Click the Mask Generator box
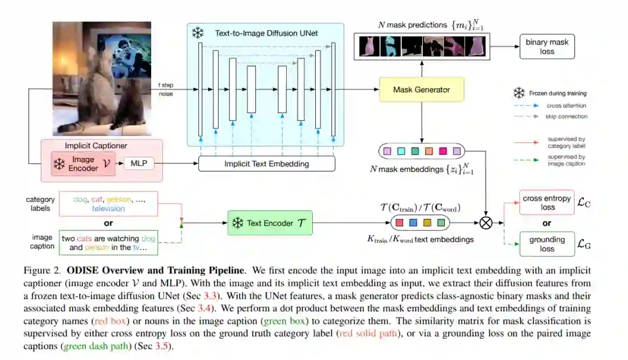(422, 90)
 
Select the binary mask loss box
(547, 47)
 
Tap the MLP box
(139, 163)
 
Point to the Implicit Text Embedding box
(267, 164)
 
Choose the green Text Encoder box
(270, 223)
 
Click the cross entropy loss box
(547, 202)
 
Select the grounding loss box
(547, 244)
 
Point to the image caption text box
(108, 243)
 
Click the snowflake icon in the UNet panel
(198, 33)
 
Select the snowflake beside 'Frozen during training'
(519, 93)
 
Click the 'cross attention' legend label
(566, 105)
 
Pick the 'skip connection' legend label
(567, 117)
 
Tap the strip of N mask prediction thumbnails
(421, 46)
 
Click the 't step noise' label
(166, 89)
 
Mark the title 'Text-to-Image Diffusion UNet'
(266, 33)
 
